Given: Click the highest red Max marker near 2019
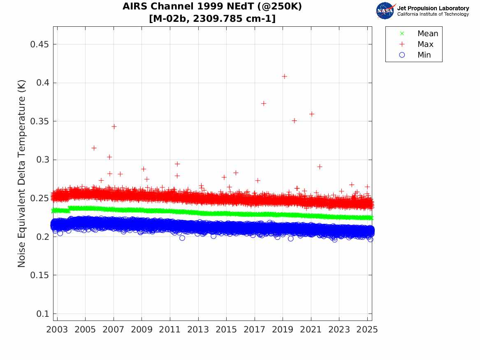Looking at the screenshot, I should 284,76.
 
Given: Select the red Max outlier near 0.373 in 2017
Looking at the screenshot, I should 264,103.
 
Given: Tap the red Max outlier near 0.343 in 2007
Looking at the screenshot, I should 114,126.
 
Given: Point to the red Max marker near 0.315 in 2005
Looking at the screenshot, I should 94,148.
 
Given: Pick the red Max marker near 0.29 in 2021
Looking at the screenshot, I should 320,167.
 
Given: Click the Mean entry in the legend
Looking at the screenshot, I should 428,34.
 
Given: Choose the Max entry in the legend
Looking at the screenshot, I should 425,44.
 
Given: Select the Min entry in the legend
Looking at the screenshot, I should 424,55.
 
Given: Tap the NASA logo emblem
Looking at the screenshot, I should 385,10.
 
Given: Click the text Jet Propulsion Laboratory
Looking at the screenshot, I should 433,8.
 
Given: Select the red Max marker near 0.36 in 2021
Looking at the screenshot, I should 312,114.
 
